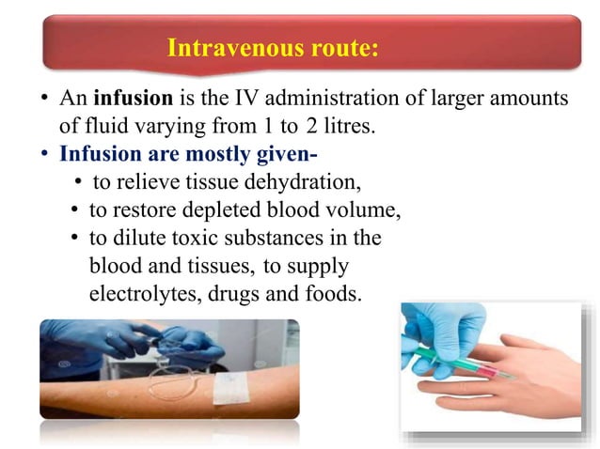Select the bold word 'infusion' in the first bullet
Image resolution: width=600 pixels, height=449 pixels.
(133, 99)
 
